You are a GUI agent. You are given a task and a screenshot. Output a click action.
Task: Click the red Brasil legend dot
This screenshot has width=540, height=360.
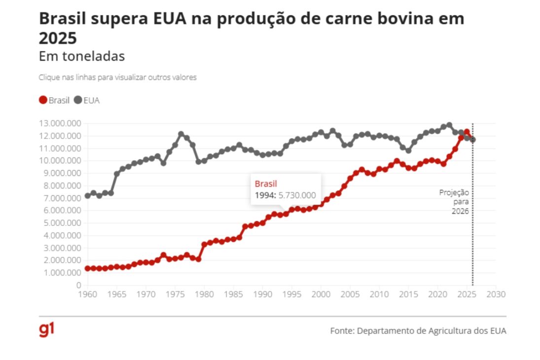point(43,100)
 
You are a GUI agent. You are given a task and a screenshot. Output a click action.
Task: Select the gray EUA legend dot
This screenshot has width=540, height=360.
point(77,100)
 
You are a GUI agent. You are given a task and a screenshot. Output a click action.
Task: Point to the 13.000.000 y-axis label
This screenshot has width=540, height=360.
point(58,123)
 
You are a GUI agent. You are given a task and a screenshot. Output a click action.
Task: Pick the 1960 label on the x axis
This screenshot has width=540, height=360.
point(88,294)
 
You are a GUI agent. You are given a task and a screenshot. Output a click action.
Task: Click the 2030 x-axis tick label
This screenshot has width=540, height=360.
point(496,294)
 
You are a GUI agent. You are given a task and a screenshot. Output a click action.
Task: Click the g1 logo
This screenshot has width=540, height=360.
point(46,330)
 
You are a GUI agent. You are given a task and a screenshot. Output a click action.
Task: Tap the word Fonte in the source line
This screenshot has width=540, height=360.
point(341,331)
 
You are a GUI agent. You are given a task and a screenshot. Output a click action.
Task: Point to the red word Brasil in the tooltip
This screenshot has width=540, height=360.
point(266,184)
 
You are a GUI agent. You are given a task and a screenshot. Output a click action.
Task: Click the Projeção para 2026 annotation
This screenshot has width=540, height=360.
point(455,202)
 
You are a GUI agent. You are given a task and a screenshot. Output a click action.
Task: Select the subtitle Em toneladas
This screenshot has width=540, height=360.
point(81,56)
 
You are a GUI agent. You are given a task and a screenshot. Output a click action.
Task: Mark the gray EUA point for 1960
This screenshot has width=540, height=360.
point(88,196)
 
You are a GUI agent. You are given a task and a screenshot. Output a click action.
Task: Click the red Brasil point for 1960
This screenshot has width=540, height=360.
point(88,268)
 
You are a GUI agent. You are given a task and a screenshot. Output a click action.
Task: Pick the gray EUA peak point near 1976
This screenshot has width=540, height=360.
point(181,134)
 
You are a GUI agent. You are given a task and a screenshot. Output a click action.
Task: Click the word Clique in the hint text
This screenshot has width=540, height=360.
point(49,78)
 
